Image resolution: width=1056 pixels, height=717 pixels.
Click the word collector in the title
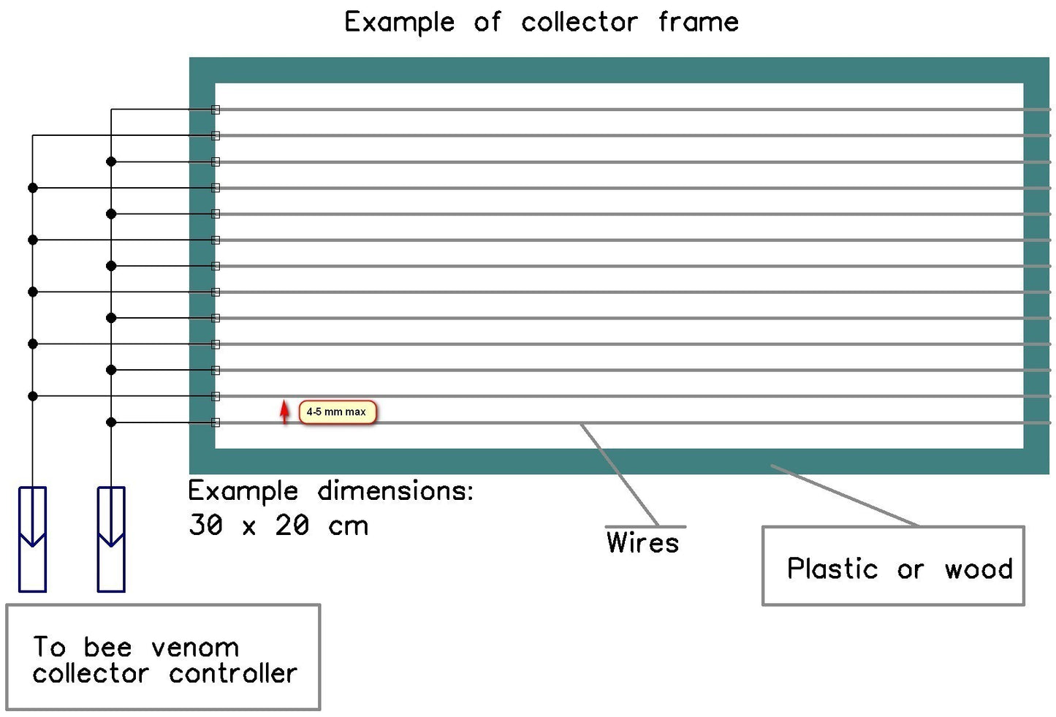pos(579,22)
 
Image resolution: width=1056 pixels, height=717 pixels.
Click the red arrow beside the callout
pos(285,411)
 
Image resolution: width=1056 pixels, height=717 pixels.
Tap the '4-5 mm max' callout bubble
pos(337,412)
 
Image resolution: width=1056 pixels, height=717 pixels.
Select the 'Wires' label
pos(642,542)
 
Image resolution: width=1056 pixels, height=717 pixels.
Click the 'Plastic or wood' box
pos(893,566)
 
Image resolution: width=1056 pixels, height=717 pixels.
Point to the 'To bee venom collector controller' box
pos(163,656)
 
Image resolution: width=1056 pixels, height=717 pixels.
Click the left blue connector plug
pos(32,539)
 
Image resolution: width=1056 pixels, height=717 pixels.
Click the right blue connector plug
pos(111,539)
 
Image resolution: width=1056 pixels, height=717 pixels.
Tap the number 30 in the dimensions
pos(205,525)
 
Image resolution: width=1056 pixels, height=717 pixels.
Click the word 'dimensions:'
pos(395,490)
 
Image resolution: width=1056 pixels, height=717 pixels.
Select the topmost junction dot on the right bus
pos(111,162)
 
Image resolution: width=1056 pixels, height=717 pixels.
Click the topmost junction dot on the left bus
pos(33,188)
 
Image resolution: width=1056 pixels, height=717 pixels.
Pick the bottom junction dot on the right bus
pos(111,422)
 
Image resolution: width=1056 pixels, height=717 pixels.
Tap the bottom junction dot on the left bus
pos(33,396)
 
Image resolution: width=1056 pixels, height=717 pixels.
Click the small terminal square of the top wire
pos(216,110)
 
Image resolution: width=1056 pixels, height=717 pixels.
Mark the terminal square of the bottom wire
pos(216,422)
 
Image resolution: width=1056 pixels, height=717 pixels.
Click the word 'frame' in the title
pos(698,22)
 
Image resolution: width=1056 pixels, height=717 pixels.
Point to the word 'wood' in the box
pos(979,569)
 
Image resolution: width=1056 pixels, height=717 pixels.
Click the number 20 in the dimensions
pos(292,525)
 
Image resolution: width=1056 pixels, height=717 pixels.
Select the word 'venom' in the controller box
pos(195,648)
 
